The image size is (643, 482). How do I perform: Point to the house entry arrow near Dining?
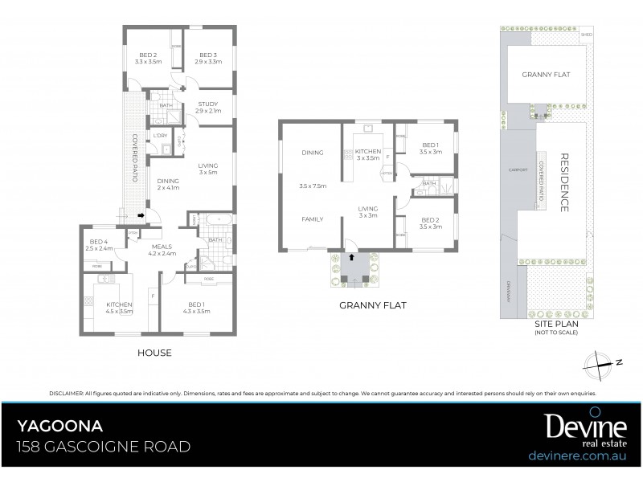coord(141,215)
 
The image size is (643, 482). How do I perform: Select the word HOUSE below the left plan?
coord(155,353)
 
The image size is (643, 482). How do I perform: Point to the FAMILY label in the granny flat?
coord(312,219)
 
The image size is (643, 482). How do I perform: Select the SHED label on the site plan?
coord(587,35)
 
